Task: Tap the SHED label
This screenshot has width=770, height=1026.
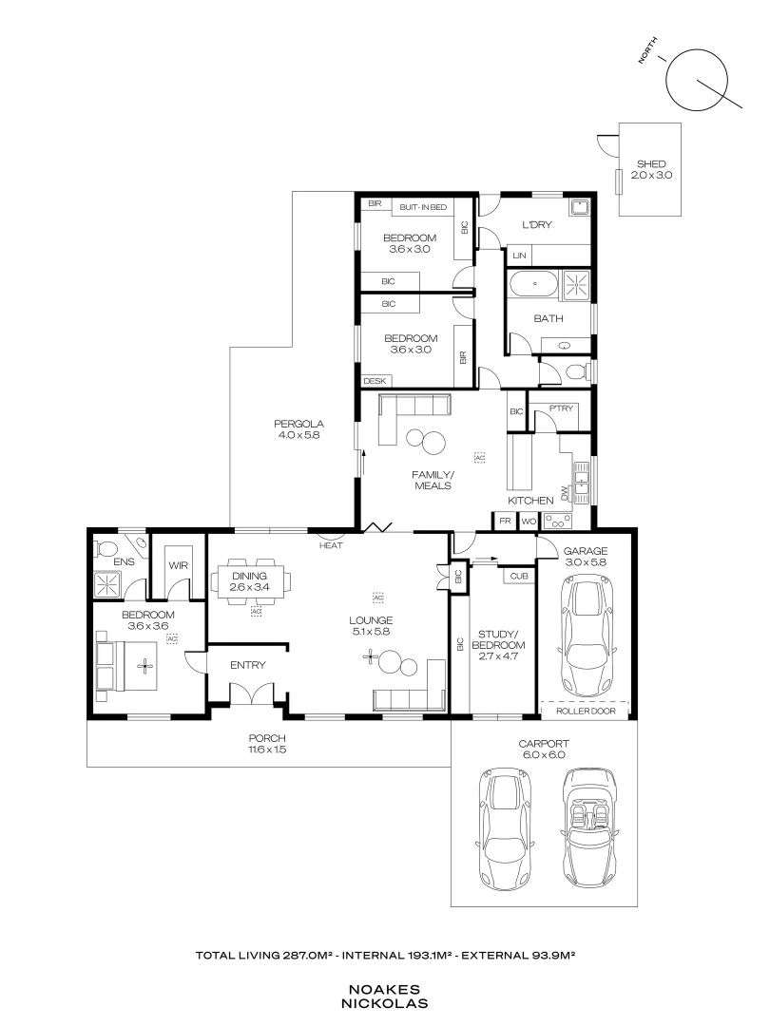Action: [650, 163]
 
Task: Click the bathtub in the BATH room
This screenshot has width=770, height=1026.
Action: [533, 283]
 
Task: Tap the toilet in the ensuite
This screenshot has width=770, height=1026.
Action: [107, 548]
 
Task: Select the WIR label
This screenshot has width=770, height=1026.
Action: [178, 565]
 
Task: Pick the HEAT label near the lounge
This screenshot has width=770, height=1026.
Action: [331, 545]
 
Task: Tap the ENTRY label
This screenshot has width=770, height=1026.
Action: [248, 665]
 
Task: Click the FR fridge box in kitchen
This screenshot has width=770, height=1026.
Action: [503, 521]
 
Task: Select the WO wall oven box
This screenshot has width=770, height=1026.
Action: [528, 521]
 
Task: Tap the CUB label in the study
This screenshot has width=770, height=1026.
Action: [518, 576]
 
